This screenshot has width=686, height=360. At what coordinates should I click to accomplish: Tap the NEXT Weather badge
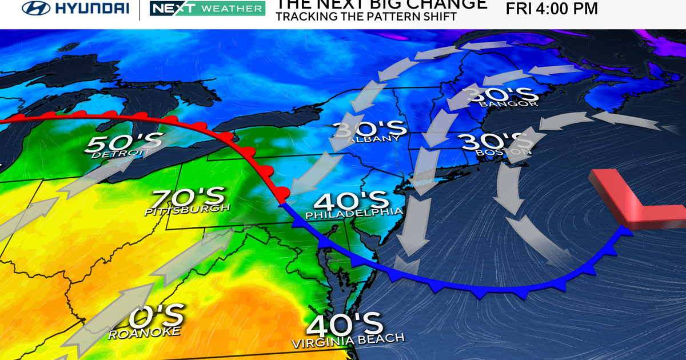(x=207, y=8)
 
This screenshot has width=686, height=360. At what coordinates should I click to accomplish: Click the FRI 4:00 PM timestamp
(x=552, y=9)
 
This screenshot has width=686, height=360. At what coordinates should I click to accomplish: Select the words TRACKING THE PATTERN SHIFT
(x=366, y=17)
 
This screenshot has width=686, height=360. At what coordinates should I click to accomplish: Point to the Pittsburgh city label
(x=187, y=210)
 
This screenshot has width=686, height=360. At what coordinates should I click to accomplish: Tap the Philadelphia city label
(x=354, y=214)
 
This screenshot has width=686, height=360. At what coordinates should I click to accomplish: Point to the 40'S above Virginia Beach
(x=345, y=324)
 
